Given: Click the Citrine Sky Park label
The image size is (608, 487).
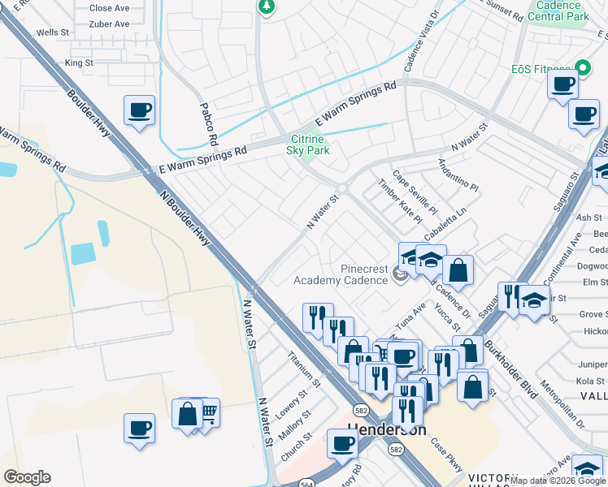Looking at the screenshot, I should pyautogui.click(x=308, y=144).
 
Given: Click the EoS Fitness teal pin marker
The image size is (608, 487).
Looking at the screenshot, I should pyautogui.click(x=581, y=67).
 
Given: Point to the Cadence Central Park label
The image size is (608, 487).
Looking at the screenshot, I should pyautogui.click(x=569, y=11).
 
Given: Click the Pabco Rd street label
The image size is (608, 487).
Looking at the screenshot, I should pyautogui.click(x=209, y=124).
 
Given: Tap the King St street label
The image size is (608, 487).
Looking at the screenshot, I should pyautogui.click(x=80, y=62).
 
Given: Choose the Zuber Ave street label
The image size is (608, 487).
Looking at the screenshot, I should pyautogui.click(x=110, y=24).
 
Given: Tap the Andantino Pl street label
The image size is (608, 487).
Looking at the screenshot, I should pyautogui.click(x=458, y=173).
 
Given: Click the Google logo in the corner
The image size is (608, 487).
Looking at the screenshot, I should pyautogui.click(x=27, y=477).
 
